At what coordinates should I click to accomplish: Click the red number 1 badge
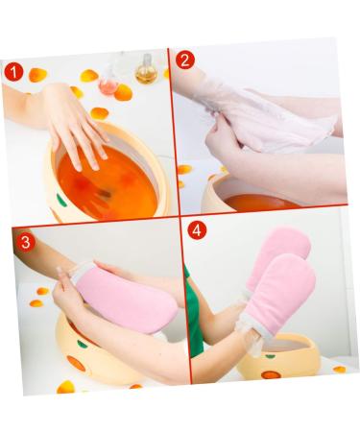coord(13,72)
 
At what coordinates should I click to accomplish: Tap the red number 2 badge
coord(185,60)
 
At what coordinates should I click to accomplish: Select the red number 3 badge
coord(26,242)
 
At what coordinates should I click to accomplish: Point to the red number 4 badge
coord(197,230)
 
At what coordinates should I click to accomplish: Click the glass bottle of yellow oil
coord(146,70)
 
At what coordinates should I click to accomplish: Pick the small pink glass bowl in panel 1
coord(108,86)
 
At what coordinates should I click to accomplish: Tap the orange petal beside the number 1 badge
coord(37,75)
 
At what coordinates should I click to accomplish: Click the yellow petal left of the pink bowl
coord(88,76)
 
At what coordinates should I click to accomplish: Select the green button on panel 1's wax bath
coord(61,200)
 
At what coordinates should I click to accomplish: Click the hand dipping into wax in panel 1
coord(77,128)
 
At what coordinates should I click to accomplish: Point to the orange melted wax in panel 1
coord(107,183)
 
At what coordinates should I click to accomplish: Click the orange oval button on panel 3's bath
coord(76,363)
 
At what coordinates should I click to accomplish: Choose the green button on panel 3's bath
coord(83,345)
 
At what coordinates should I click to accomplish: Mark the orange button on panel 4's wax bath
coord(271,374)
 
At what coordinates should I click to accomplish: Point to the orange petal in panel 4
coord(339,370)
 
